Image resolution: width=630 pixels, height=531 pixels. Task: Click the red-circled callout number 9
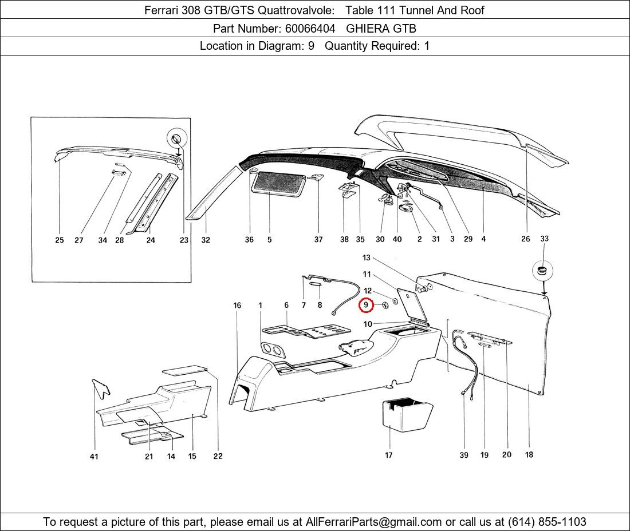click(366, 306)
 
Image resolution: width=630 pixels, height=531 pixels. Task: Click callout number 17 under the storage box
click(389, 455)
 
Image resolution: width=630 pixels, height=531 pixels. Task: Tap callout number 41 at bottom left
click(94, 457)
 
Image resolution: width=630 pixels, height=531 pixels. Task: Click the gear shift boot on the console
click(356, 347)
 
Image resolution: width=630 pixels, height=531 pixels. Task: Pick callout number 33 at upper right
click(544, 239)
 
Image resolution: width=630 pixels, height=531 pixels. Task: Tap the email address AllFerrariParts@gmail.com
click(374, 522)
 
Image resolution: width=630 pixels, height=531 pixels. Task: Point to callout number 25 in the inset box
click(60, 240)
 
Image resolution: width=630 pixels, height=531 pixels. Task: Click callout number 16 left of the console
click(237, 306)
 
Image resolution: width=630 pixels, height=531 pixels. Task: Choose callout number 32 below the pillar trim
click(206, 240)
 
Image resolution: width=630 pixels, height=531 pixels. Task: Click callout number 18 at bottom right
click(529, 455)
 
